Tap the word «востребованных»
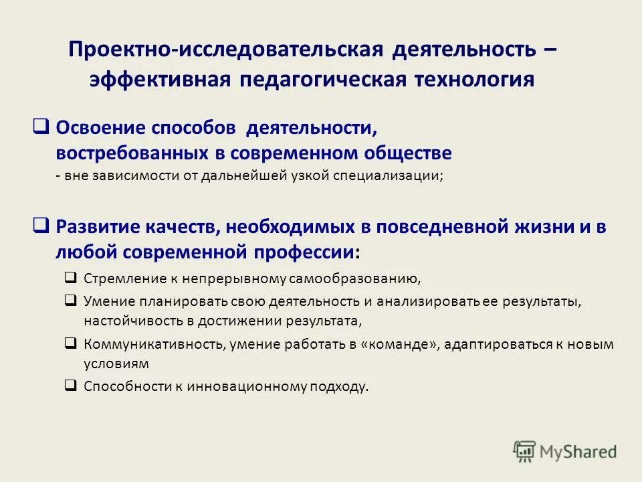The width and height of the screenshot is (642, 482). [130, 153]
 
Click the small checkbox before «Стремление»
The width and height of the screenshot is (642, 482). [71, 277]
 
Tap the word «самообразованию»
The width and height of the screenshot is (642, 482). [369, 278]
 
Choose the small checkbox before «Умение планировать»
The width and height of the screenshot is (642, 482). [71, 301]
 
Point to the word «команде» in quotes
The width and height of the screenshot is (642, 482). [411, 344]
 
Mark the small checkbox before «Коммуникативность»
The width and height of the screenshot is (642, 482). [71, 343]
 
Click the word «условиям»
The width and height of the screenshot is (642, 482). [116, 364]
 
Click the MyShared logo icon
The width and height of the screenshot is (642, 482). [524, 452]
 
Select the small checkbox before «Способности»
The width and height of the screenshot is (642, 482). [71, 385]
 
